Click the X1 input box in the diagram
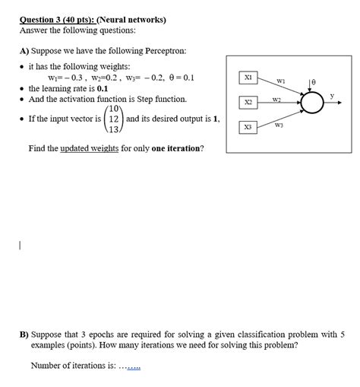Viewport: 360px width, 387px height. tap(248, 77)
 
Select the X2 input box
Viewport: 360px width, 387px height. tap(248, 102)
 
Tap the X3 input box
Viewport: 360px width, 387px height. tap(248, 128)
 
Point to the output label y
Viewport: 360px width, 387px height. tap(332, 94)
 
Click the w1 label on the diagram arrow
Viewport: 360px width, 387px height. tap(279, 81)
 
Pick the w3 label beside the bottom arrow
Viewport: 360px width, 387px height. tap(279, 125)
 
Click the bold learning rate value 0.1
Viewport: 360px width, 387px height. tap(102, 88)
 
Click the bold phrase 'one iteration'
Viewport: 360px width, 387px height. tap(175, 148)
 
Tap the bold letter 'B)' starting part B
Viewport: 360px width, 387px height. tap(24, 334)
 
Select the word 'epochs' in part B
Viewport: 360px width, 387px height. tap(108, 334)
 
